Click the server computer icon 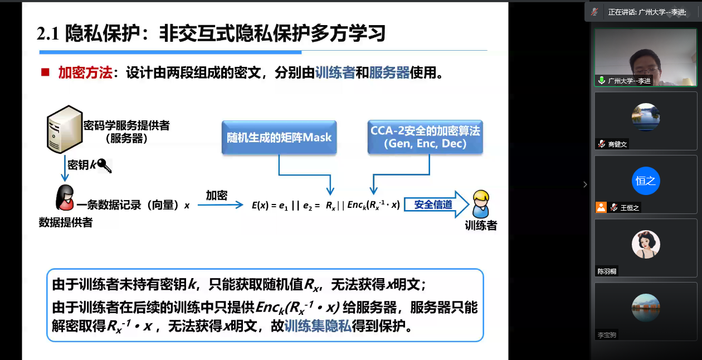[65, 129]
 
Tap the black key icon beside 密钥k [104, 166]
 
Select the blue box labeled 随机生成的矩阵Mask [279, 137]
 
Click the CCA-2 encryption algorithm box [425, 137]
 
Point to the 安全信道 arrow [436, 205]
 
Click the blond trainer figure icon [481, 204]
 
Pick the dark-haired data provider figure [65, 197]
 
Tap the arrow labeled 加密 [220, 205]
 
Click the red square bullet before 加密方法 [45, 72]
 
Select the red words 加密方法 [85, 72]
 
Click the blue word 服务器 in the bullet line [389, 72]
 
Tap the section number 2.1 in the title [48, 33]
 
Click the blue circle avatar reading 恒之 [646, 181]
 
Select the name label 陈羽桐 [607, 271]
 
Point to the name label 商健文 [617, 144]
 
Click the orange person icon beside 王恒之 [601, 207]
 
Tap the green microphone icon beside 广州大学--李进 [601, 80]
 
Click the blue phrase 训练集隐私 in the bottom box [318, 326]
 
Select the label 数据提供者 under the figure [66, 222]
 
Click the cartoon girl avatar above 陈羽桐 [646, 244]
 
